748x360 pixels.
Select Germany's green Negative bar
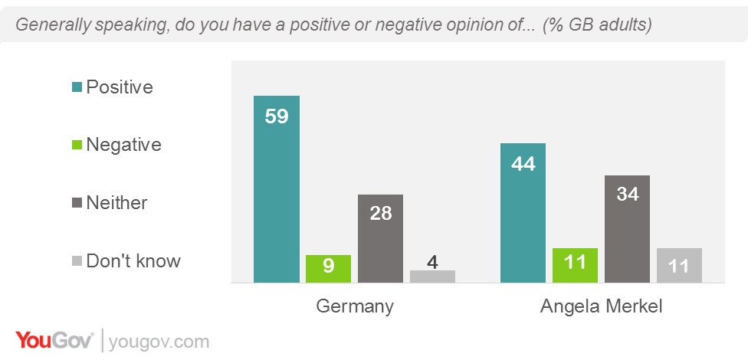[x=329, y=269]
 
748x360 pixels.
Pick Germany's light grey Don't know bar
[x=432, y=277]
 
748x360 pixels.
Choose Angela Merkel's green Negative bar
[x=575, y=266]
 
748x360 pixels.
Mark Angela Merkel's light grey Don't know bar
[x=679, y=266]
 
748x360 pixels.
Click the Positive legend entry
[x=119, y=87]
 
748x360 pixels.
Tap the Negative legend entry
[x=123, y=144]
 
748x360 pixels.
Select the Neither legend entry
[x=116, y=202]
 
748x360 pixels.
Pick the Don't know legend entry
[x=133, y=260]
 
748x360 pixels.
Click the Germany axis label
[x=355, y=306]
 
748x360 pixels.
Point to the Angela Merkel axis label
[x=601, y=306]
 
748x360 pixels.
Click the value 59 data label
[x=277, y=117]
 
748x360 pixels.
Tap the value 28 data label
[x=381, y=213]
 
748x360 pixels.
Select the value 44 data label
[x=523, y=163]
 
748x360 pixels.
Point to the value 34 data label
[x=627, y=194]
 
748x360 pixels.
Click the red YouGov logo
[x=54, y=339]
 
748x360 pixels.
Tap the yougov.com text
[x=159, y=340]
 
